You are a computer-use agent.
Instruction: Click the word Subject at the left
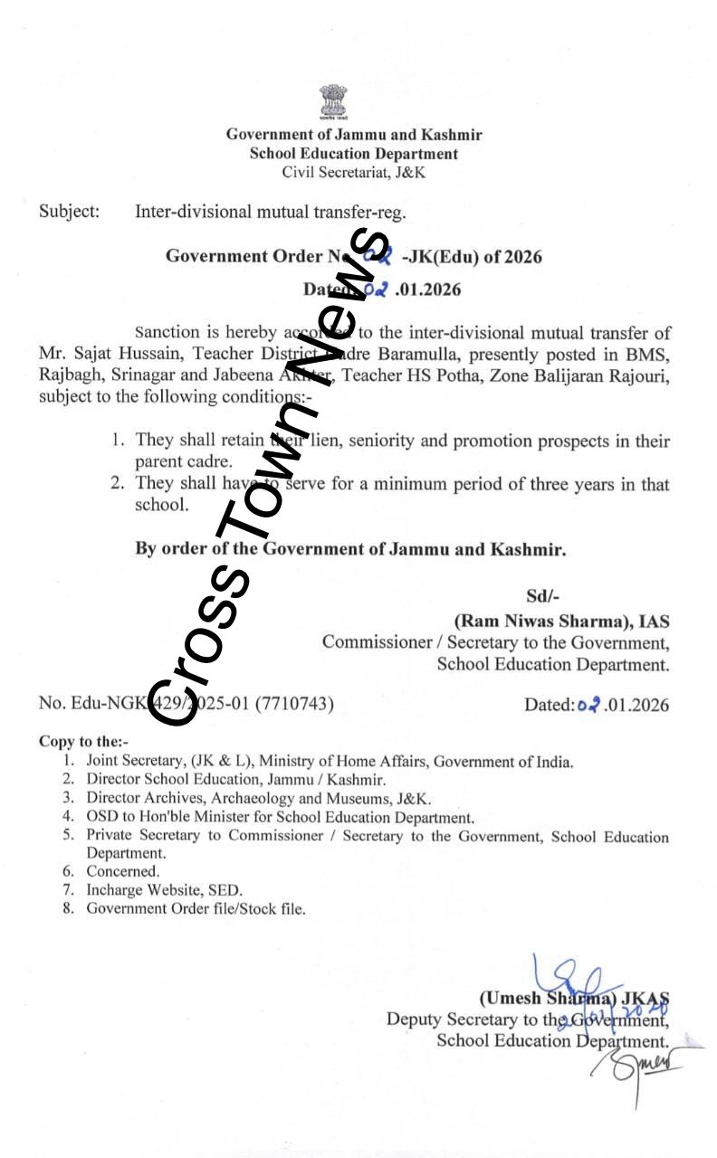tap(68, 213)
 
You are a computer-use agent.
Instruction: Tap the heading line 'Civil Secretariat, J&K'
tap(353, 172)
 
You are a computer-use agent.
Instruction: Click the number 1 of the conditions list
tap(117, 441)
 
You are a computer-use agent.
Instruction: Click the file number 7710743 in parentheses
tap(295, 703)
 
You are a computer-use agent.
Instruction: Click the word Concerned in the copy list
tap(122, 871)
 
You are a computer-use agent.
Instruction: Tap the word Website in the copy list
tap(174, 890)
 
